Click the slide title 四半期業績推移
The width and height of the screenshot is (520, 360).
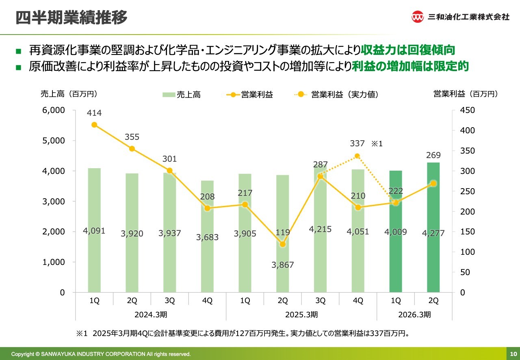(71, 18)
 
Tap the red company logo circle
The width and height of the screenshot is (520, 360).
(418, 17)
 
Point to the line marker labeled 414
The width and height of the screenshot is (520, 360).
(94, 125)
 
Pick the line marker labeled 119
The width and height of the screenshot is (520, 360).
(283, 244)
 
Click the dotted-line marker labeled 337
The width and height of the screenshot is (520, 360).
(357, 156)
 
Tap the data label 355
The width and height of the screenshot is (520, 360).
(132, 137)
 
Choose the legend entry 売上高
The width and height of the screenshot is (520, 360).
(182, 95)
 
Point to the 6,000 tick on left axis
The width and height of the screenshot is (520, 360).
(54, 110)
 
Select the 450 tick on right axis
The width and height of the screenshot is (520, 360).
(467, 110)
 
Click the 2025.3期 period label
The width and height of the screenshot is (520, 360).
(301, 314)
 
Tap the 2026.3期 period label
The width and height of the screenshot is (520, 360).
(415, 314)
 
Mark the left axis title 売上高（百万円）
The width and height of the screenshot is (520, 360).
(69, 94)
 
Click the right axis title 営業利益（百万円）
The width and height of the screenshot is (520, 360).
(466, 94)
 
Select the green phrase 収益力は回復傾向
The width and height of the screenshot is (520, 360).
(408, 50)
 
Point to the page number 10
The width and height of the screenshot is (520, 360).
(513, 354)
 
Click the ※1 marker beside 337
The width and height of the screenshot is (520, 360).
(377, 143)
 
